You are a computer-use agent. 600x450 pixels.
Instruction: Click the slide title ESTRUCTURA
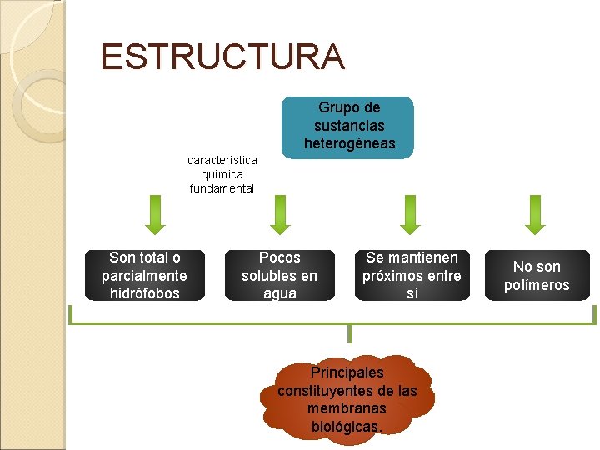222,57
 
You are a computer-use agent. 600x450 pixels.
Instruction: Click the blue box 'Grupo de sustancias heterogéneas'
348,127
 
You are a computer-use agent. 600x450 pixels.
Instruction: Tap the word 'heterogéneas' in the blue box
349,144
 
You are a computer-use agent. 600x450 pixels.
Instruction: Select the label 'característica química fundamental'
222,173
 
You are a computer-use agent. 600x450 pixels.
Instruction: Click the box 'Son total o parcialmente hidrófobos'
144,275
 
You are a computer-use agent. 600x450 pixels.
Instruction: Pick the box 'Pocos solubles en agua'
279,275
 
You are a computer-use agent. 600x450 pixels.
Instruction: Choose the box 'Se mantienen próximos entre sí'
411,275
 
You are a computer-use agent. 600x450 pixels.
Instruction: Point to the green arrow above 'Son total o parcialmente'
153,215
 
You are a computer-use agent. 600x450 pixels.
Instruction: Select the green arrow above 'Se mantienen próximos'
408,215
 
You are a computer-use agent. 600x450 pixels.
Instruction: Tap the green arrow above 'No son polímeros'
536,215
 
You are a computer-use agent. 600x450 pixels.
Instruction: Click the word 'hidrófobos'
144,293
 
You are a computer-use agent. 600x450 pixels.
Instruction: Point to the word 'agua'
279,293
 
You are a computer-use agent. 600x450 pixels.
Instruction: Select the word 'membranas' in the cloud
347,408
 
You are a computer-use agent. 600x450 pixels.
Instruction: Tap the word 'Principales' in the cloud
347,372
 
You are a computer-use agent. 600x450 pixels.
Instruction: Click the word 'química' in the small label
222,173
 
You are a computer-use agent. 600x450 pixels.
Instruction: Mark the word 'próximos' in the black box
397,276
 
